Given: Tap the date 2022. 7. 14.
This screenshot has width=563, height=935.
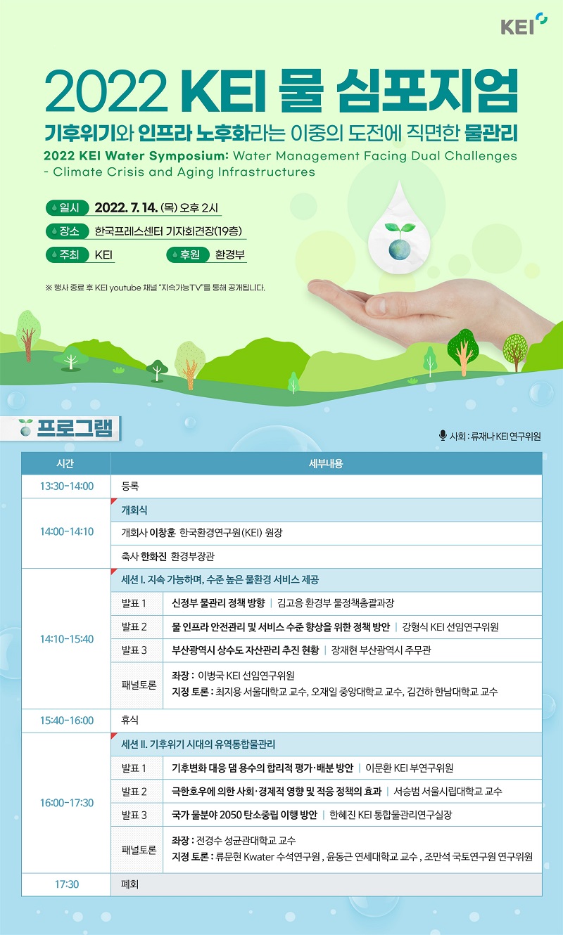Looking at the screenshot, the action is (x=126, y=207).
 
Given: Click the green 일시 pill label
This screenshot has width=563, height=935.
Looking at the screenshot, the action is (x=68, y=207).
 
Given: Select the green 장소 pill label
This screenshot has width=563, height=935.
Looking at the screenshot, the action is (x=68, y=231).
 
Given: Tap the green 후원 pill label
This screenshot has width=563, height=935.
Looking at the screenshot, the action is (x=188, y=254).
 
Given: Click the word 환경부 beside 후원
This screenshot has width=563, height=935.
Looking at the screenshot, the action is (x=230, y=254).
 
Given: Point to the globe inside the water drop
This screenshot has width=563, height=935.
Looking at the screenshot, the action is (x=399, y=249).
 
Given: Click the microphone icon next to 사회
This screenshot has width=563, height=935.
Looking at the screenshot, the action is (x=443, y=435).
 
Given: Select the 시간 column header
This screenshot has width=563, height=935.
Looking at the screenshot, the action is (x=65, y=463).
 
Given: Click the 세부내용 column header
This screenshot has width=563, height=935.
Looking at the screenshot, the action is (x=326, y=463).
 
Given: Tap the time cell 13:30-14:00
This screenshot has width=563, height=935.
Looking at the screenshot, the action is (x=67, y=486).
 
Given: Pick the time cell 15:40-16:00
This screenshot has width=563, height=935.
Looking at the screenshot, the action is (x=67, y=720).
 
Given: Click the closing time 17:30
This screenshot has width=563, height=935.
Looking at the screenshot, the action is (x=67, y=884).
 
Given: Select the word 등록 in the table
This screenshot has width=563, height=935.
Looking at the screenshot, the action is (x=130, y=486).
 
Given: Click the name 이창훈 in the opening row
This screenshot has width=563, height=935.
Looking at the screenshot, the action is (x=163, y=533).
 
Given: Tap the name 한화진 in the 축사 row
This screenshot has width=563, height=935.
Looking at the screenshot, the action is (x=154, y=556).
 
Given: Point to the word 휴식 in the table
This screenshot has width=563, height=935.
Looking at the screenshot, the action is (x=130, y=720).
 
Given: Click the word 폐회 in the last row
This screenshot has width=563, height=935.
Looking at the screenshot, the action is (x=130, y=884).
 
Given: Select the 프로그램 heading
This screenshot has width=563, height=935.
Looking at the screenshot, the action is (x=75, y=428).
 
